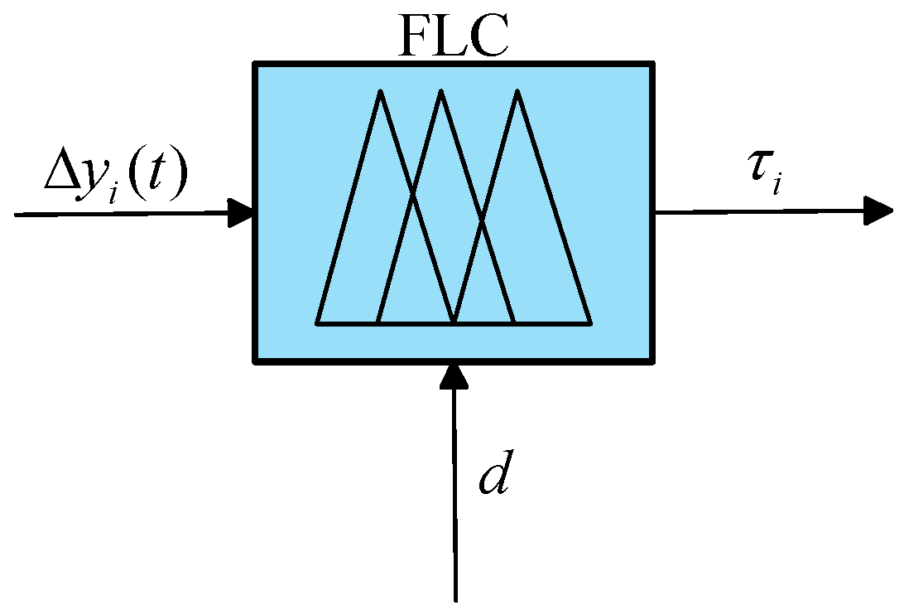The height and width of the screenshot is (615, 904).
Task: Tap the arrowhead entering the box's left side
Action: pyautogui.click(x=241, y=213)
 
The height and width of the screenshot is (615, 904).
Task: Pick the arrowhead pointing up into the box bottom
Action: pyautogui.click(x=454, y=375)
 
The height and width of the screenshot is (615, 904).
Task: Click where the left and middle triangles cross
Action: pyautogui.click(x=411, y=196)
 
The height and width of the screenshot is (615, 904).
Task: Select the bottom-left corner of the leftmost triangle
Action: pyautogui.click(x=316, y=323)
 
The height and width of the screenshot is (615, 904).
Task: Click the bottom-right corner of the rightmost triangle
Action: pyautogui.click(x=591, y=323)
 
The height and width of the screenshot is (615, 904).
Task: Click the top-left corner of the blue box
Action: pyautogui.click(x=255, y=64)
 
